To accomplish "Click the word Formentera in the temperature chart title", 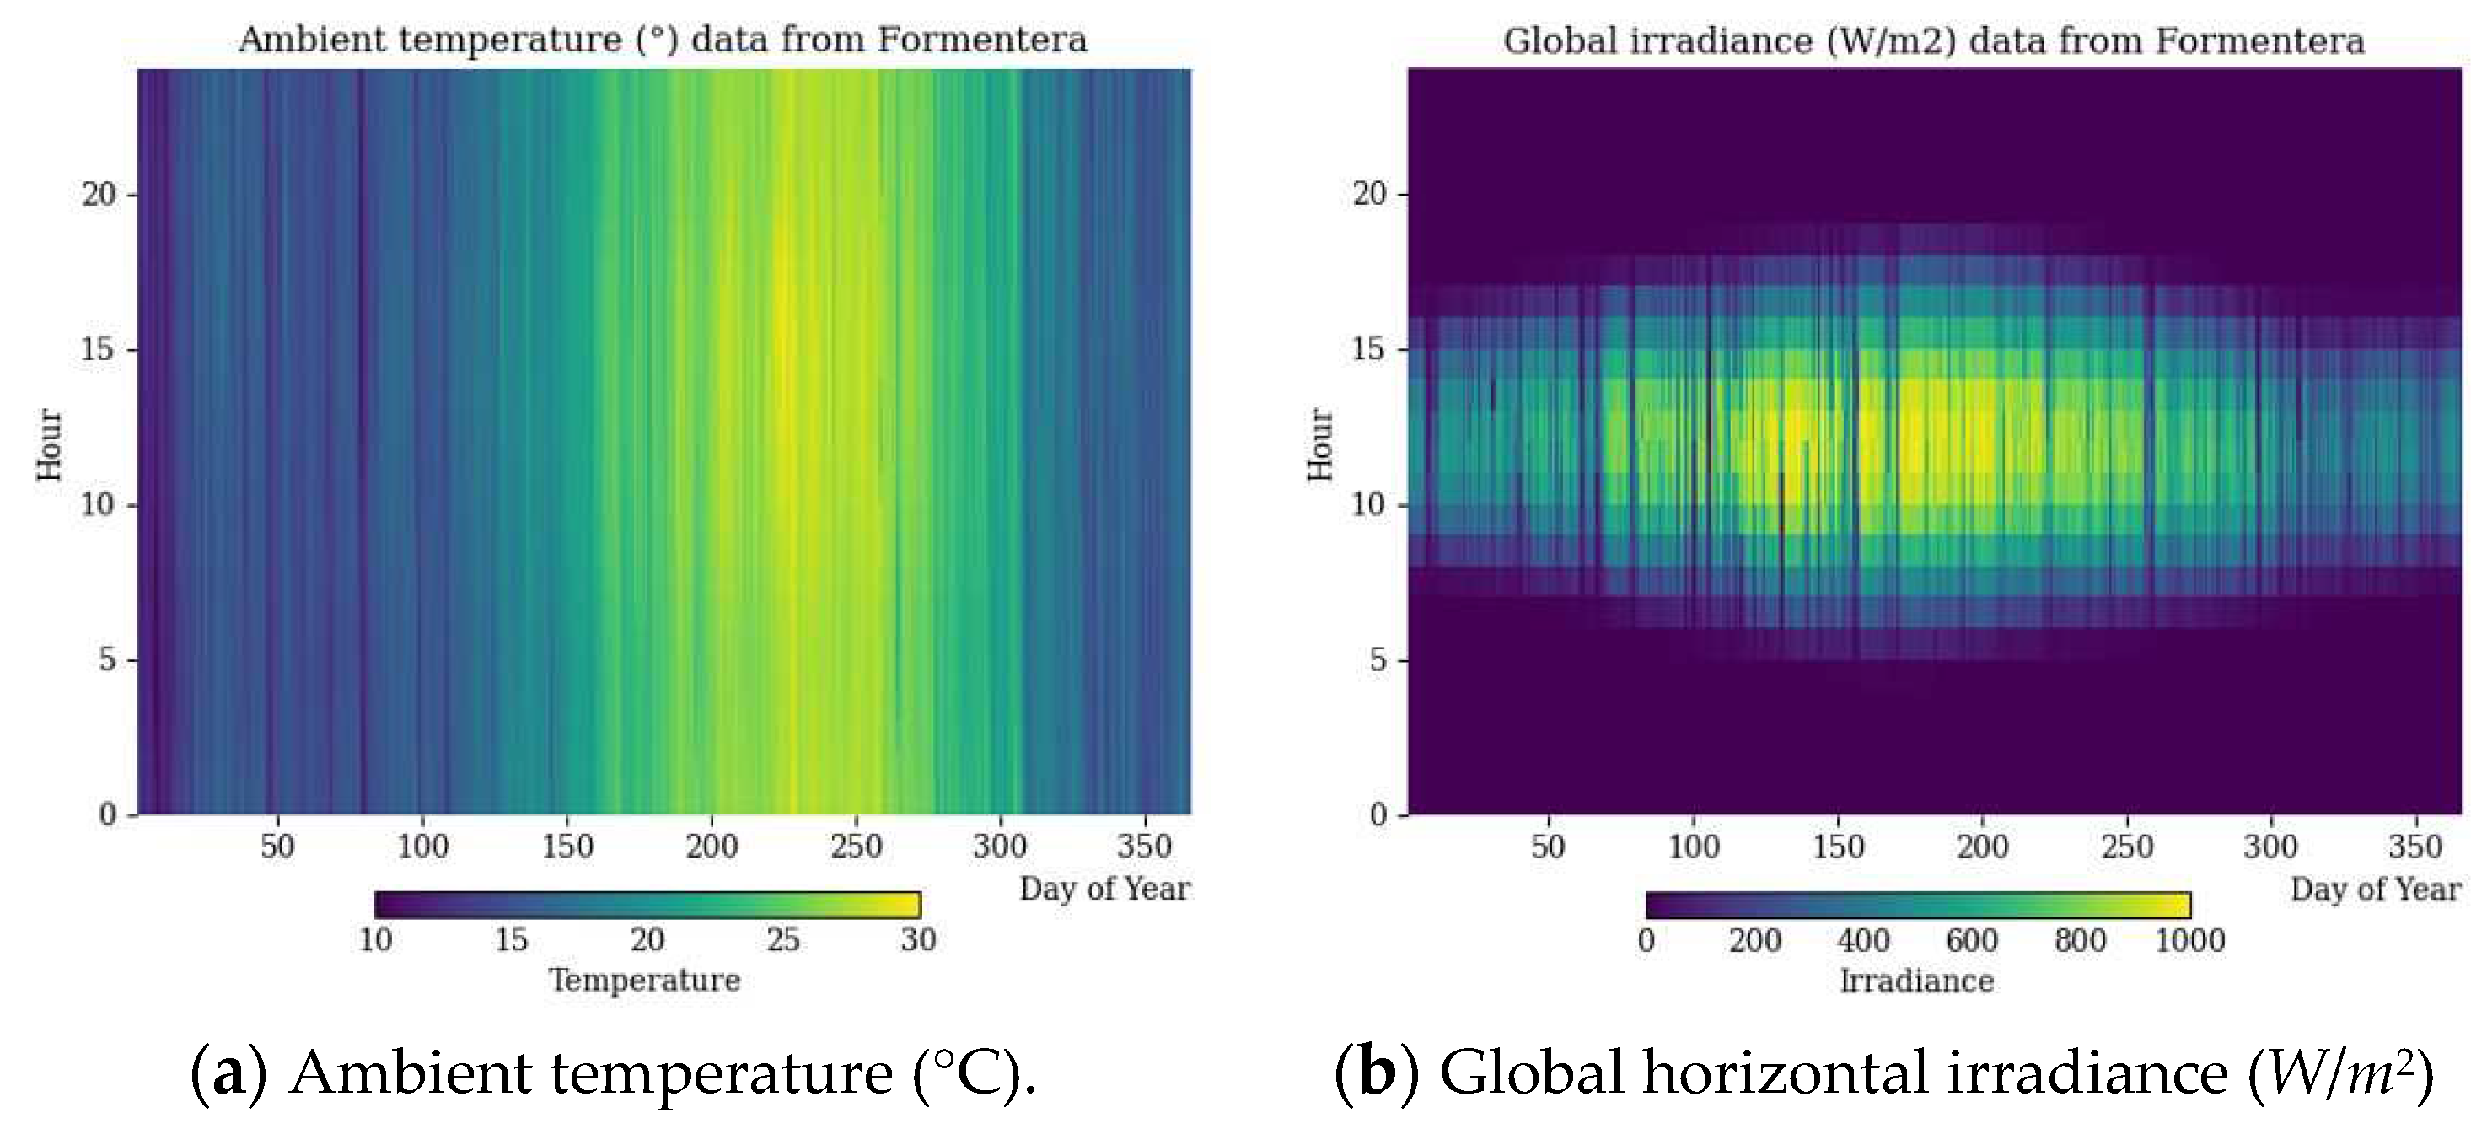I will pyautogui.click(x=982, y=40).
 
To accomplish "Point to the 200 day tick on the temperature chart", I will pyautogui.click(x=712, y=846).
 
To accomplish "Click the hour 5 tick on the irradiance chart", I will pyautogui.click(x=1378, y=659).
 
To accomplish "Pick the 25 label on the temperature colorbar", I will pyautogui.click(x=782, y=938).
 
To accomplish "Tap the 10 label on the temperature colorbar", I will pyautogui.click(x=375, y=938).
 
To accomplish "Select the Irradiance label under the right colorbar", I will pyautogui.click(x=1916, y=981).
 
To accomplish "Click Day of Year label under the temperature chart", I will pyautogui.click(x=1104, y=889).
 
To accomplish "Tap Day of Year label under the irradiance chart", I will pyautogui.click(x=2375, y=889).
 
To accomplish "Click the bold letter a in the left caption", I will pyautogui.click(x=228, y=1074).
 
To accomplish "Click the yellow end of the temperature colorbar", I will pyautogui.click(x=912, y=905).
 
